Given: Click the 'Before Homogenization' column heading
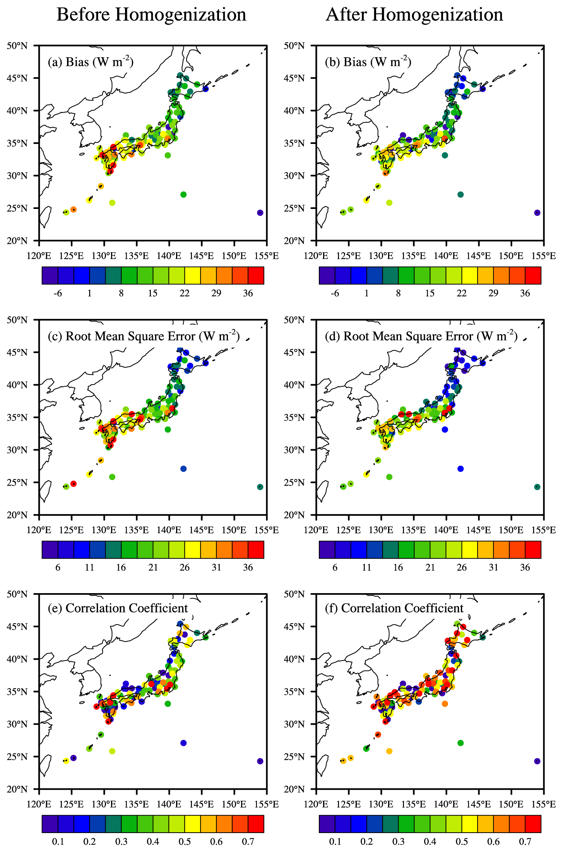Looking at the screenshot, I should (151, 15).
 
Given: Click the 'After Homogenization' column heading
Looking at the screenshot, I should (414, 15).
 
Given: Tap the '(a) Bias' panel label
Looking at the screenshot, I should (91, 62).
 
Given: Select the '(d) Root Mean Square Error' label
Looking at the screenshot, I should (421, 336).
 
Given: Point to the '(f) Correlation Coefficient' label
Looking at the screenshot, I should (394, 608).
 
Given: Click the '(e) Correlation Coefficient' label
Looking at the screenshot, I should (118, 608).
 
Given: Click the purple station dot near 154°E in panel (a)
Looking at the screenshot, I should (260, 213).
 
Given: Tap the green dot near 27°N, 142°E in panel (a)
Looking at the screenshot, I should (183, 195).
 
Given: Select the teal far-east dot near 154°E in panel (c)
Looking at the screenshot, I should (260, 487).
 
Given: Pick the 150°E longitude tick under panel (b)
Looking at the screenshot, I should (512, 256).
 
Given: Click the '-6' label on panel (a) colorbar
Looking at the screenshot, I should (58, 293).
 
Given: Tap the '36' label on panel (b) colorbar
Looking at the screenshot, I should (525, 293).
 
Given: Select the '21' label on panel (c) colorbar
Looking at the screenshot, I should (153, 568).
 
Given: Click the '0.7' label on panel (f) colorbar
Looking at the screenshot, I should (525, 842).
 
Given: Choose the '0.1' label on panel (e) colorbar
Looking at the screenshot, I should (58, 842).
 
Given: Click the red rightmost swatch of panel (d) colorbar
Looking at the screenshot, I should (533, 550).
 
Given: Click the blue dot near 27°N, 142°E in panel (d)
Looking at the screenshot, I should (460, 469).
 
